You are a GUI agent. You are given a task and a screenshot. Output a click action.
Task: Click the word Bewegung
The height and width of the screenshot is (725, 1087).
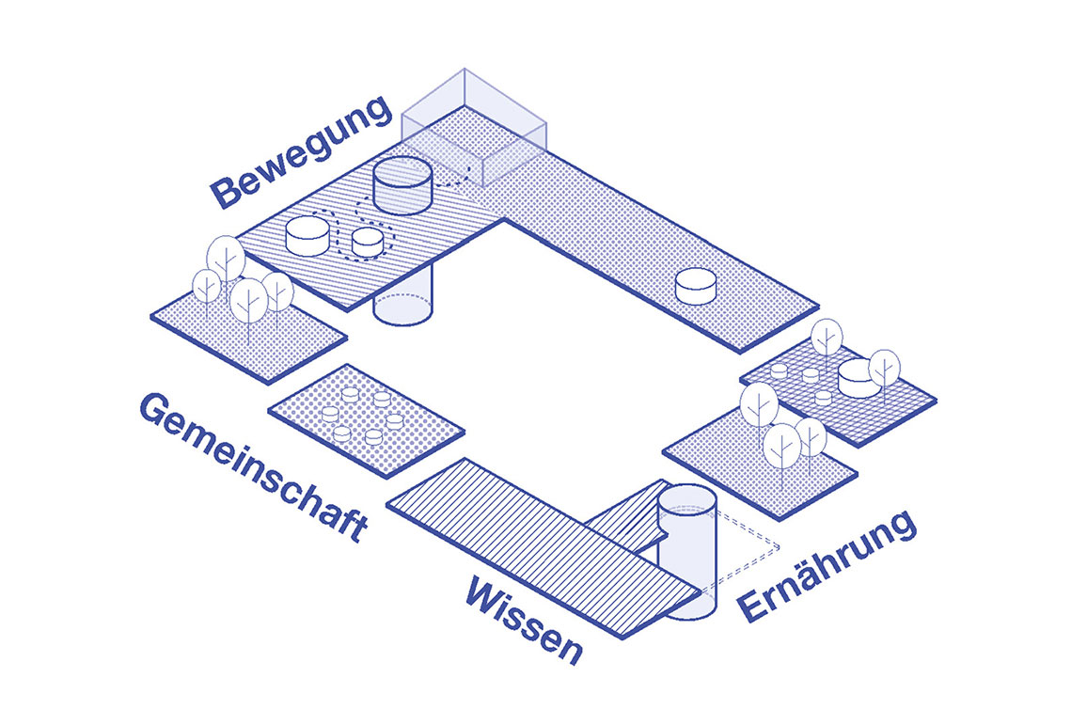click(302, 151)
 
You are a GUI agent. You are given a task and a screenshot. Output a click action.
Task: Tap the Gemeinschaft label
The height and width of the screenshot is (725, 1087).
click(254, 466)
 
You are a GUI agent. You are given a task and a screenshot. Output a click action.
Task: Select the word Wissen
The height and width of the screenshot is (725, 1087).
click(524, 619)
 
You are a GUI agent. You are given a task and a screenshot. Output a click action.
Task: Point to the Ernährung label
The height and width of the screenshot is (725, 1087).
click(827, 565)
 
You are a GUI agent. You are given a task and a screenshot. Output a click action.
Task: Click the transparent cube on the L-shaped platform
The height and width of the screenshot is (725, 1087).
click(474, 128)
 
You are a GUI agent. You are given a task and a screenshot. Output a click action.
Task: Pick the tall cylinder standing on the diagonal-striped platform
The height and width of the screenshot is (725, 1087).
click(402, 185)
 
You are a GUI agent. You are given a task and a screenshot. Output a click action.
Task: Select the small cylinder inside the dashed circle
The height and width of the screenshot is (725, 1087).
click(368, 242)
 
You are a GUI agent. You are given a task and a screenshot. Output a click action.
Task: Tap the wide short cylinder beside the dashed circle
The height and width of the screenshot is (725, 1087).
click(307, 236)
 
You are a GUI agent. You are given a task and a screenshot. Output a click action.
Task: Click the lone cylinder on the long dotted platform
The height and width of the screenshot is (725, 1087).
click(695, 286)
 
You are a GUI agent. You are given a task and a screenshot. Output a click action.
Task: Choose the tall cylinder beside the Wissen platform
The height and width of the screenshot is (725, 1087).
click(685, 551)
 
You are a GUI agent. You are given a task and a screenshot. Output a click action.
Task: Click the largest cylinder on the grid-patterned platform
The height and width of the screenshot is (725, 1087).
click(859, 378)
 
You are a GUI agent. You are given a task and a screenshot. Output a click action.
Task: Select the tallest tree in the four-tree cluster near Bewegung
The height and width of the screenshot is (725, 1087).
click(226, 263)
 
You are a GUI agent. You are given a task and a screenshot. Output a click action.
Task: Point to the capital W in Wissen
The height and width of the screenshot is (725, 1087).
click(487, 593)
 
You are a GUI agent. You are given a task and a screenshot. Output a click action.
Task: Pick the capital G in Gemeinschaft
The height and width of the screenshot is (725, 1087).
click(157, 410)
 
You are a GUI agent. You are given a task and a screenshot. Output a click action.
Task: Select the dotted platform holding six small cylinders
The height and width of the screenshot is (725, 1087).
click(366, 421)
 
